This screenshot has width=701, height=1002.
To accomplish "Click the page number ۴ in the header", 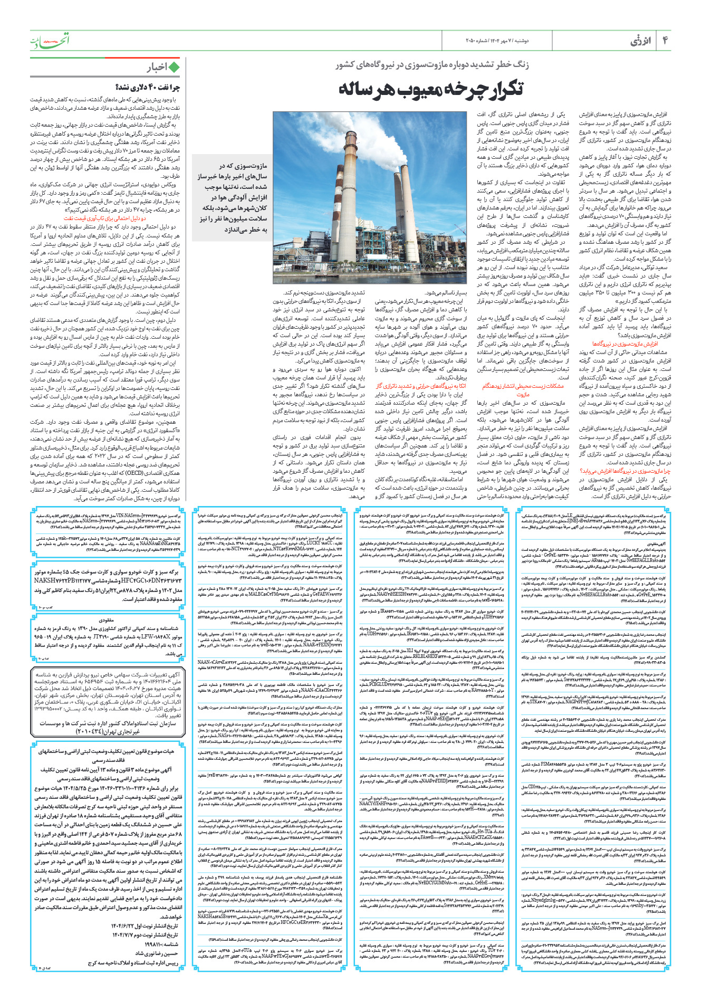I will (665, 40).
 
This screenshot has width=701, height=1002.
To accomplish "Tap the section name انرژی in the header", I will (640, 41).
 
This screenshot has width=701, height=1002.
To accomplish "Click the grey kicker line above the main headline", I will (432, 64).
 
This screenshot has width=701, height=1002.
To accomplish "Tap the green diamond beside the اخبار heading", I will (174, 67).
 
